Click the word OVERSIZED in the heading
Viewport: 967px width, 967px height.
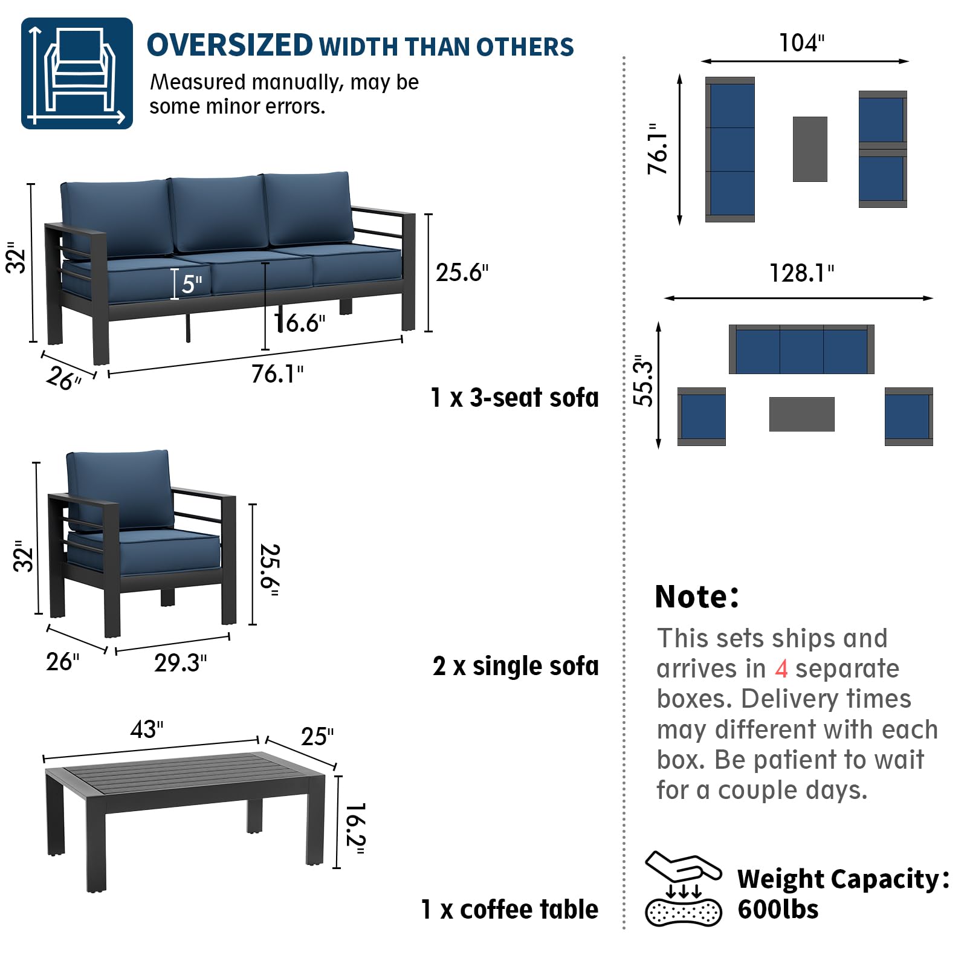click(x=230, y=45)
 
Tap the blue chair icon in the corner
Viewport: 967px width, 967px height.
click(x=77, y=73)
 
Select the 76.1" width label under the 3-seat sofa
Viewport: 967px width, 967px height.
click(x=277, y=374)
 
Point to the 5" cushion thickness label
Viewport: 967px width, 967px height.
click(x=192, y=284)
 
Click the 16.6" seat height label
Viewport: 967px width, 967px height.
click(x=300, y=323)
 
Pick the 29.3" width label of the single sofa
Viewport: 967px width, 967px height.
click(x=180, y=663)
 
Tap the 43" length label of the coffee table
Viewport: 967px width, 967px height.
click(x=147, y=729)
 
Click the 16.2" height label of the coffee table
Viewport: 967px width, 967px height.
click(x=355, y=829)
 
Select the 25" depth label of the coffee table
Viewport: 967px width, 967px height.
click(x=317, y=737)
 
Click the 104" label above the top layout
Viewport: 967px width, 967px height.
click(x=801, y=43)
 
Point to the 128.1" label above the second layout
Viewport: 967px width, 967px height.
click(x=801, y=273)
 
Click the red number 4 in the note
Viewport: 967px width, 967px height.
click(x=781, y=669)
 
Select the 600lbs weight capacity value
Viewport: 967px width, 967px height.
click(x=778, y=910)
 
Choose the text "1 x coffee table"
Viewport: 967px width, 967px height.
click(x=509, y=910)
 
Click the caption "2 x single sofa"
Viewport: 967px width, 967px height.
click(x=516, y=666)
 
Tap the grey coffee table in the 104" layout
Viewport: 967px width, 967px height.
click(x=810, y=149)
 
